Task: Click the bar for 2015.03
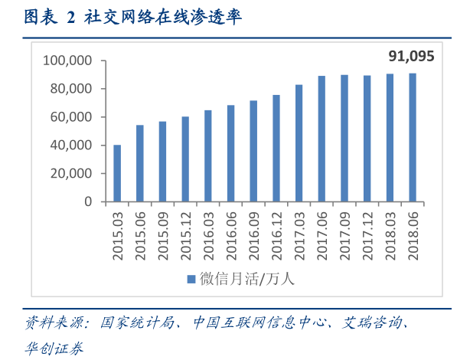[117, 173]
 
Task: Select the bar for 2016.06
[230, 153]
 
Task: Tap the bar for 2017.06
[321, 139]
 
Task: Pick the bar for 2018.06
[413, 138]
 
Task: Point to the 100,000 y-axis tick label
[68, 61]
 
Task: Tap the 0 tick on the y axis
[88, 201]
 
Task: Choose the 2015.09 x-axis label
[163, 235]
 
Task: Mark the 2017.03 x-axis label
[299, 235]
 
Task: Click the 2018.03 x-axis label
[390, 235]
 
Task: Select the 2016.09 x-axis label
[253, 235]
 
